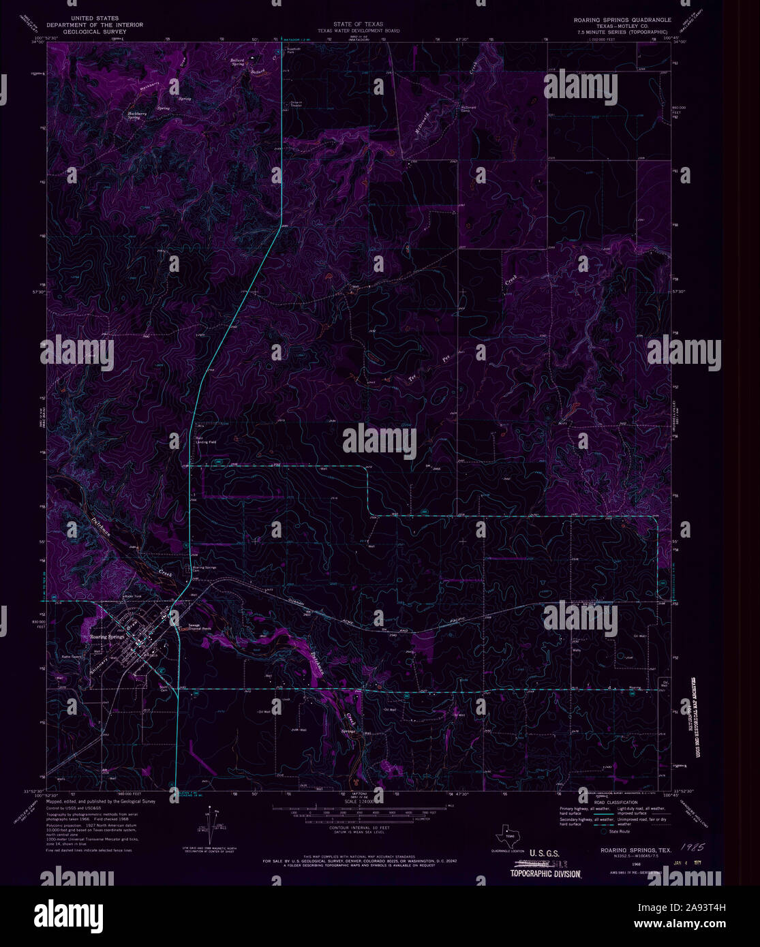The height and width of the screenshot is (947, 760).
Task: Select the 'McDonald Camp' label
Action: coord(468,108)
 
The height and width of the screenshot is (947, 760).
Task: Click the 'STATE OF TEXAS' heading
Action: coord(358,24)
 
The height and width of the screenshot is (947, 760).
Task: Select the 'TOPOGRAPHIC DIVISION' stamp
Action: coord(545,873)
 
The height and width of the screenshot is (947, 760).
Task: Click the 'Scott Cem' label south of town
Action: coord(164,687)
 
